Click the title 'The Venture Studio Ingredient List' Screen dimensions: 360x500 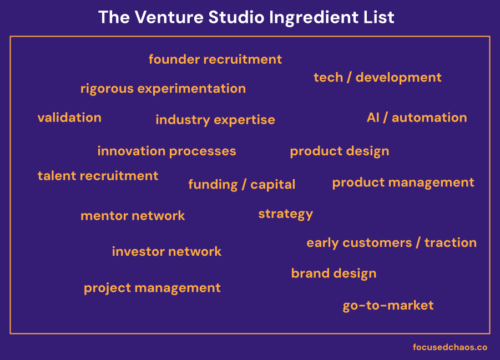(246, 17)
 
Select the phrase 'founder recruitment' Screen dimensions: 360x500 (215, 59)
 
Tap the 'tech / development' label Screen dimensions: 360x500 (377, 78)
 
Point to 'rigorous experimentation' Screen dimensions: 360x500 (163, 89)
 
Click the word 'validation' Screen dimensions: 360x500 (69, 118)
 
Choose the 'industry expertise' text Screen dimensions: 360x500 (215, 120)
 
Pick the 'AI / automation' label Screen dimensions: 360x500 (416, 118)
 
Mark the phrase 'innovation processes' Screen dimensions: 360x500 (166, 151)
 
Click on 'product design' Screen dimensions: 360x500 (339, 151)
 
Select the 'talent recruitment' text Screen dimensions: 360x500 (98, 176)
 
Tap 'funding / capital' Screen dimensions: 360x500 (241, 185)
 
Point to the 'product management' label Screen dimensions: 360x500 (403, 182)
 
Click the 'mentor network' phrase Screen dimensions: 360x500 (133, 216)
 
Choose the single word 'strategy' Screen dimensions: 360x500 (285, 214)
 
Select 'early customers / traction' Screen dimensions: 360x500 (391, 243)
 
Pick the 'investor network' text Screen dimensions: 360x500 (166, 252)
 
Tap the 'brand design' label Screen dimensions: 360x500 (334, 273)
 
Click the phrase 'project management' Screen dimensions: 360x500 (152, 288)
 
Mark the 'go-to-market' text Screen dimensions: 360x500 (388, 306)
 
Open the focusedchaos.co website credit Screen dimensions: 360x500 (450, 347)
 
